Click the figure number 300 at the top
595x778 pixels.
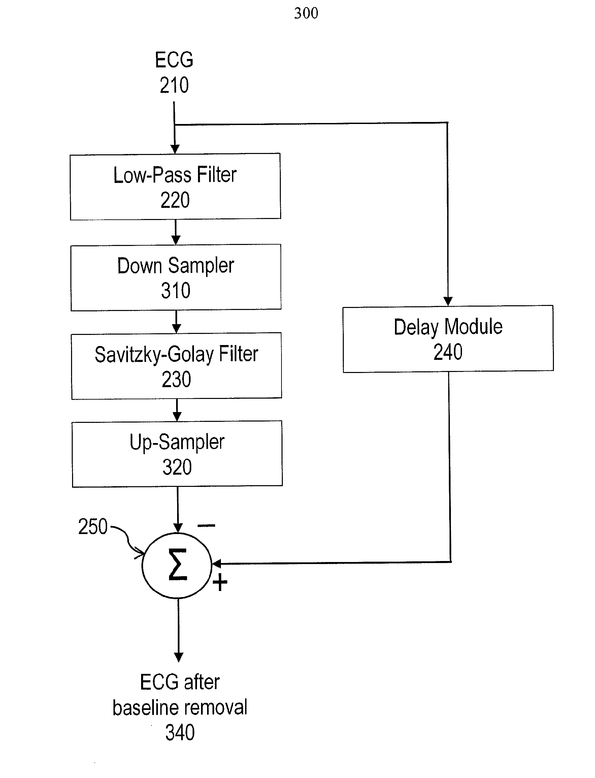306,13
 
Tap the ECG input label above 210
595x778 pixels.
174,60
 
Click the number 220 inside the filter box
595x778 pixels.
175,200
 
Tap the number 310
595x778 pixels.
176,291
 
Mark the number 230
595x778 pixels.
176,379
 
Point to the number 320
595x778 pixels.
177,467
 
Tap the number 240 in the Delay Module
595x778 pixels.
448,352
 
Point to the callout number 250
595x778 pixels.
93,526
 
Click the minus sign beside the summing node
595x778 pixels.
206,525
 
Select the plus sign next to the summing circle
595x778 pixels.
220,582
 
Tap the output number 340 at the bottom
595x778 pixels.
180,732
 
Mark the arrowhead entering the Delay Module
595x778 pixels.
448,301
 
